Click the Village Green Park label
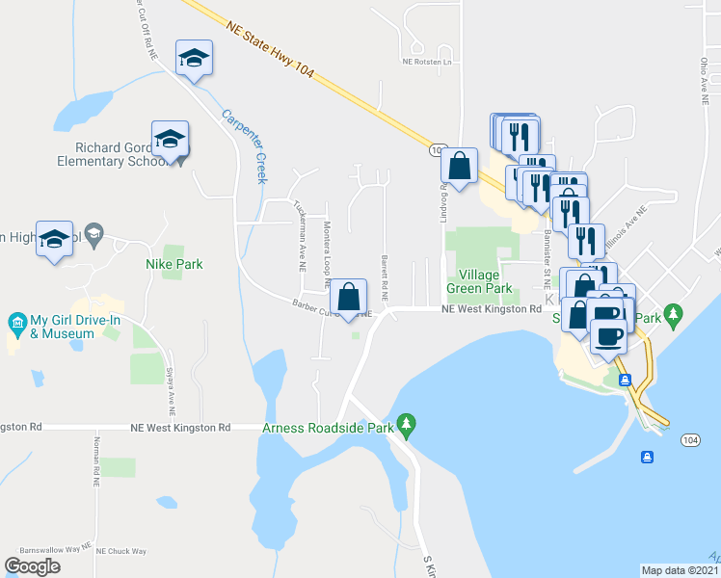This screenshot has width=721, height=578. (x=479, y=280)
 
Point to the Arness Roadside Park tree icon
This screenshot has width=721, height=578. (x=407, y=424)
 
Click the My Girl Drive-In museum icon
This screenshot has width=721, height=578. (x=15, y=321)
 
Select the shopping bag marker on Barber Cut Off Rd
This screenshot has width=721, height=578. (x=350, y=297)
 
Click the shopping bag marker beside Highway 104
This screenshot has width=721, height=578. (x=460, y=166)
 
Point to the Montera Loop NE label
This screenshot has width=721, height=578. (x=327, y=256)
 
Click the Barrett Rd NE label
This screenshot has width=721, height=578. (x=384, y=277)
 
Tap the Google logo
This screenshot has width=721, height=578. (x=32, y=566)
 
